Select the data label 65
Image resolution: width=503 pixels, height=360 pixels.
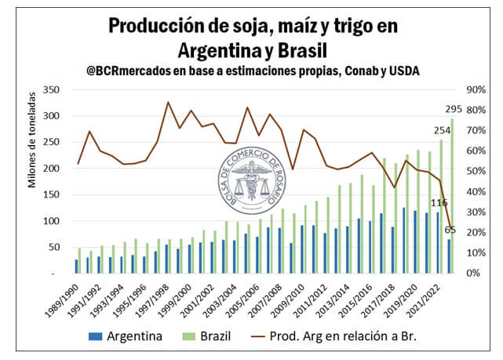click(x=450, y=230)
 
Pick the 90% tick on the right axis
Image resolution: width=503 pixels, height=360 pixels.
click(x=478, y=89)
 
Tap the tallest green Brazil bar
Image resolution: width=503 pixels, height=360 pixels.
click(x=452, y=195)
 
